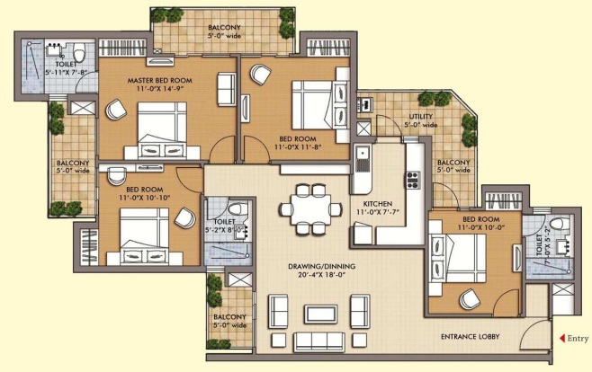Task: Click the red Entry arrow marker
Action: pos(561,338)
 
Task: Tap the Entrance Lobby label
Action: pos(470,337)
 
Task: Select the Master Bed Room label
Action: pos(159,80)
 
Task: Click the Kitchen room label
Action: pos(378,204)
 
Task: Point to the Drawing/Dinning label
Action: pos(322,266)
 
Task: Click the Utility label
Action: pos(420,117)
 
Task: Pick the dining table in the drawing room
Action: pos(310,208)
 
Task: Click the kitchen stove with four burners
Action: pos(413,180)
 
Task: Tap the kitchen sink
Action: pos(362,159)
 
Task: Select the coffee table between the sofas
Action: pos(320,314)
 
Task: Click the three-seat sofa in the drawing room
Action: pos(319,341)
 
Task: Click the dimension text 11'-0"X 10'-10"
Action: pos(145,198)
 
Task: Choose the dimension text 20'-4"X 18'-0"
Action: pos(322,275)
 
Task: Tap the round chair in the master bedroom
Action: pos(115,110)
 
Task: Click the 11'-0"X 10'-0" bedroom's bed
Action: pos(457,258)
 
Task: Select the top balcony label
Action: pos(224,28)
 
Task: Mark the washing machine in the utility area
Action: pos(365,104)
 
